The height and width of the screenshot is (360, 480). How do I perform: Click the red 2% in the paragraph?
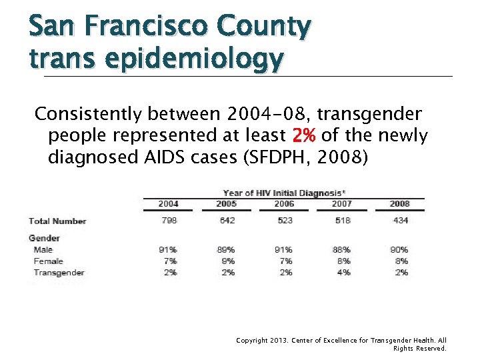pyautogui.click(x=305, y=136)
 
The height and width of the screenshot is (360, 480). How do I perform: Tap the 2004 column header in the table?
pyautogui.click(x=168, y=203)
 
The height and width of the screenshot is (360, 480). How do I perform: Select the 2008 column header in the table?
pyautogui.click(x=399, y=203)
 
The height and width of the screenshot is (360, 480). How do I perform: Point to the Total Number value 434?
pyautogui.click(x=399, y=221)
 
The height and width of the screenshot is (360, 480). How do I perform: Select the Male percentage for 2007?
pyautogui.click(x=342, y=250)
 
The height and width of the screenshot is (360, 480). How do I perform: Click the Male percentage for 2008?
pyautogui.click(x=399, y=250)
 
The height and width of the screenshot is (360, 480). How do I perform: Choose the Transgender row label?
pyautogui.click(x=59, y=273)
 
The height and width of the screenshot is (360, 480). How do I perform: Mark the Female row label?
pyautogui.click(x=48, y=261)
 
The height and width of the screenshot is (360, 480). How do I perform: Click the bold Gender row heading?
pyautogui.click(x=44, y=238)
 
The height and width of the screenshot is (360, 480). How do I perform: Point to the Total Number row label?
pyautogui.click(x=57, y=221)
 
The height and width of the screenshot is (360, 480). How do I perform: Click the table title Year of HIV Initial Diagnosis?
pyautogui.click(x=283, y=193)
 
